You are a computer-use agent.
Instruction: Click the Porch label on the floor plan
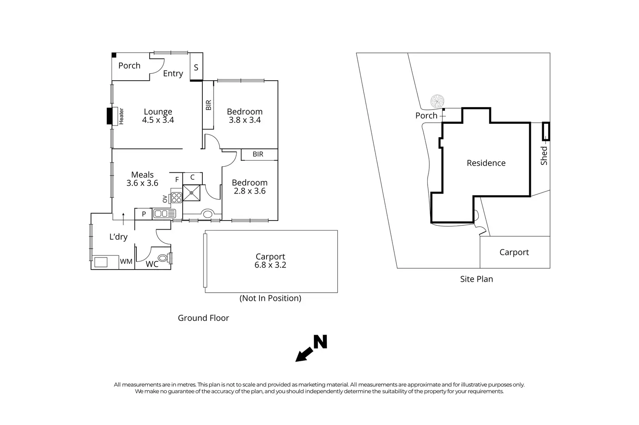129,66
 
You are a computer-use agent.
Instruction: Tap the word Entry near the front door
173,73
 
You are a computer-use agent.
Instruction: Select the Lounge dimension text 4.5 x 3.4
158,120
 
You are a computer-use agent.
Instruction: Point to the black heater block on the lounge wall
109,116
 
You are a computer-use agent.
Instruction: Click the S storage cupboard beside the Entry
196,67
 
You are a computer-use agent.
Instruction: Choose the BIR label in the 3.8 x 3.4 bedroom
208,105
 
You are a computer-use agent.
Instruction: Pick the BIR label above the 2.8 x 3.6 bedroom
258,154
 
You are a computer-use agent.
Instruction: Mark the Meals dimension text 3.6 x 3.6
142,183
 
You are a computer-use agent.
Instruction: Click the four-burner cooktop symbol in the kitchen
176,198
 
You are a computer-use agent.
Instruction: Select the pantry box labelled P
144,214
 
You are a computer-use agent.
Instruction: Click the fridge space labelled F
177,179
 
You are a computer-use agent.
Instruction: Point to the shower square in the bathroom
191,193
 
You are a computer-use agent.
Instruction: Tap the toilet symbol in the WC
163,258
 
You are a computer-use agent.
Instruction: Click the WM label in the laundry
126,261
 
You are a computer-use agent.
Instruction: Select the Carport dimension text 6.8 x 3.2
270,265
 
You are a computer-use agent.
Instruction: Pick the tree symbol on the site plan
437,102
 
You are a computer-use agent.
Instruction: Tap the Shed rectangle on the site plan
546,132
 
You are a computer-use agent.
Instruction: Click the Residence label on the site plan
486,163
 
